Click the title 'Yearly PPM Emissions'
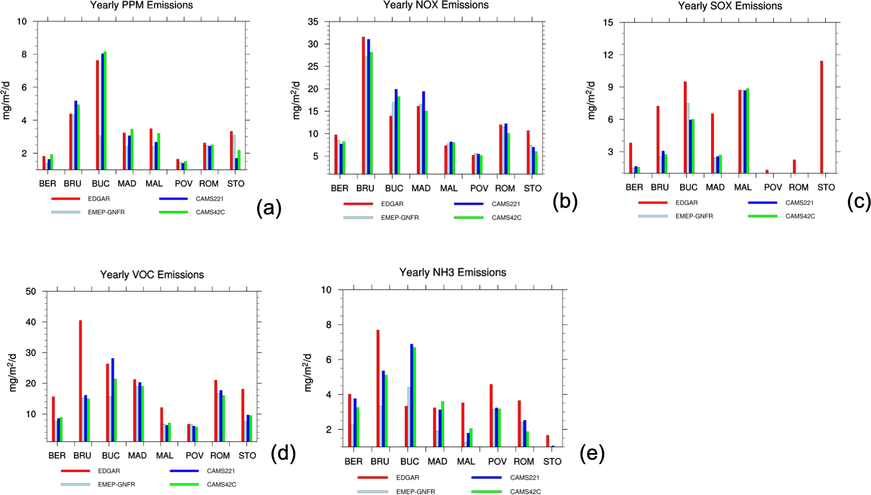142,6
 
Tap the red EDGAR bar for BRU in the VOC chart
81,380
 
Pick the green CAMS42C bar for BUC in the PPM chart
105,110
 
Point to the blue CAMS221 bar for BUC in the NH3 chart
412,395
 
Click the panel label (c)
859,202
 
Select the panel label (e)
592,453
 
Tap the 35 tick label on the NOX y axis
313,22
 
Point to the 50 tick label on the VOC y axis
31,292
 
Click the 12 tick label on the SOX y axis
608,55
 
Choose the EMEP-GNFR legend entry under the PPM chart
106,212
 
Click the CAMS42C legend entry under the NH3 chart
525,492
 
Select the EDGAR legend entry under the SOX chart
686,203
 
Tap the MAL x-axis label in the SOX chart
742,187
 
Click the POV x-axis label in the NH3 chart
497,461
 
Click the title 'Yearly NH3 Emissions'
452,272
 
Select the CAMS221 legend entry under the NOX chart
505,204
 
